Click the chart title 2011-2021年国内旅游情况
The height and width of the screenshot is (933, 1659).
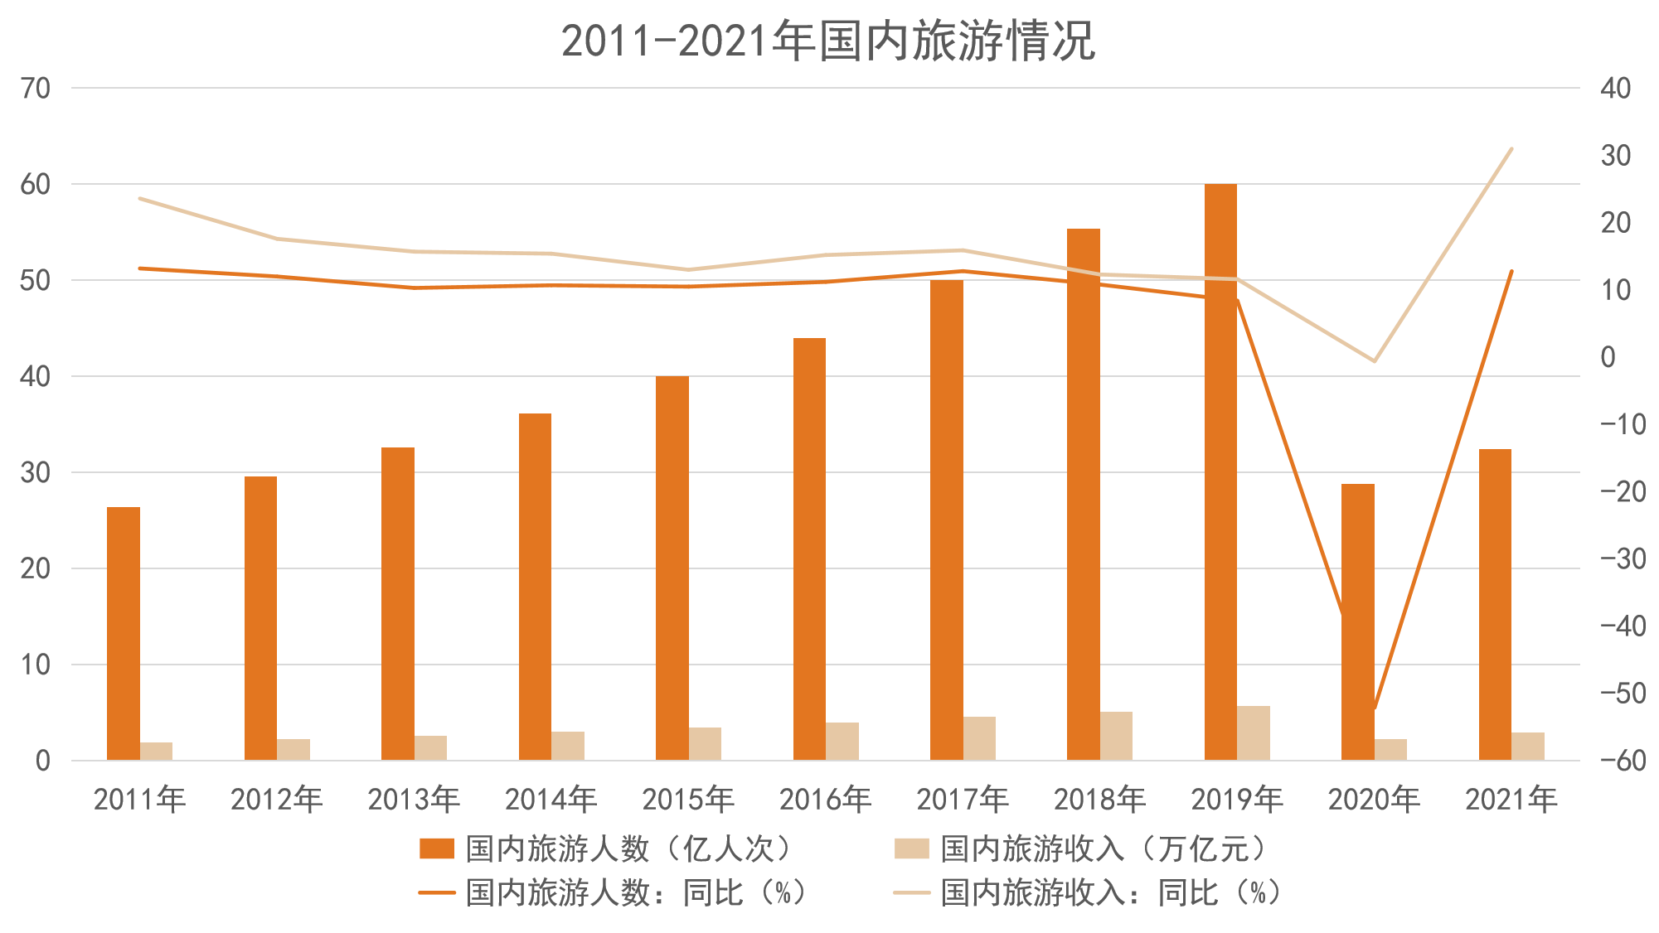coord(828,41)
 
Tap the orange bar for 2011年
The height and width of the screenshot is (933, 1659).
coord(124,633)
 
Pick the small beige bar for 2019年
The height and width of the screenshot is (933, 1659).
coord(1253,733)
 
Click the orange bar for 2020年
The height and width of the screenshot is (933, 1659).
coord(1357,621)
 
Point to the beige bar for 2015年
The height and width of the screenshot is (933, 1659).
coord(705,744)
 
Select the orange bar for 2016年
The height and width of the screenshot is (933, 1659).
coord(809,549)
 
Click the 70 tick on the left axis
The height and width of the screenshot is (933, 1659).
coord(36,88)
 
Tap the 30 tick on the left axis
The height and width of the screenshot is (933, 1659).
coord(36,472)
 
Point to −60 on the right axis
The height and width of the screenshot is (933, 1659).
coord(1623,761)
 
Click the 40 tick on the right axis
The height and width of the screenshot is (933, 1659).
coord(1616,88)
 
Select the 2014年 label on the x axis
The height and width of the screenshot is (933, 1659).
coord(551,800)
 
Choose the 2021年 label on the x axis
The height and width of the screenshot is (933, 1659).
coord(1511,800)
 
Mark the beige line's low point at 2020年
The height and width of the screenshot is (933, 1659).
coord(1374,361)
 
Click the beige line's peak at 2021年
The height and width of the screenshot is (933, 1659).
coord(1511,149)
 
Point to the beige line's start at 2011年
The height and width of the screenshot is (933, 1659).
coord(140,199)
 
